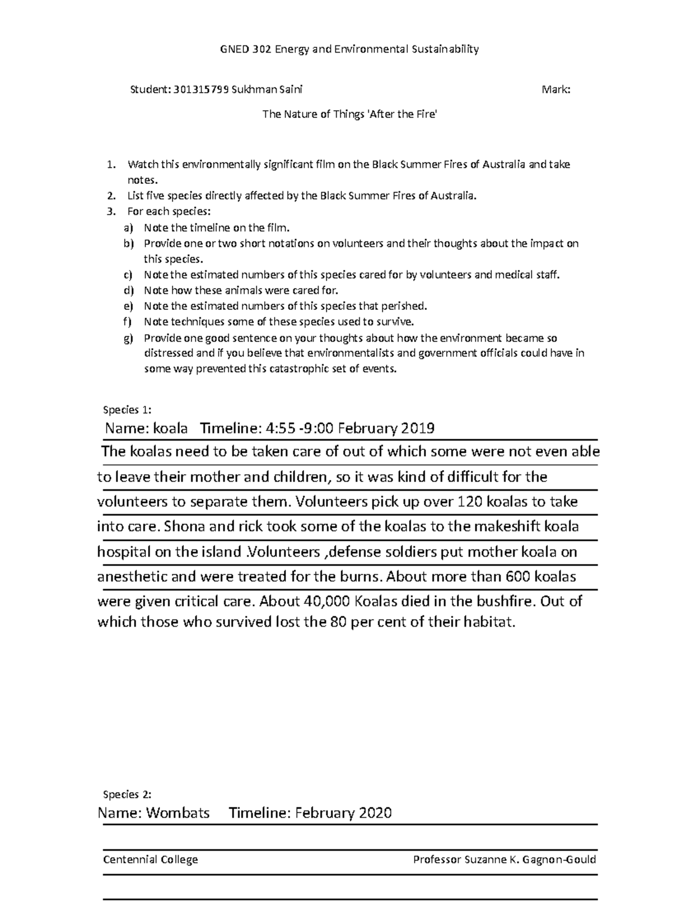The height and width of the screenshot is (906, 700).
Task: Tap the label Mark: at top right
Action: [x=556, y=90]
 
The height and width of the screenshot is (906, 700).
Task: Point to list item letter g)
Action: [x=128, y=338]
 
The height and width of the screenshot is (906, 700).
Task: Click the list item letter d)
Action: [x=128, y=291]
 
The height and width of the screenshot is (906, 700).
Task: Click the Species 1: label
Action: [x=127, y=410]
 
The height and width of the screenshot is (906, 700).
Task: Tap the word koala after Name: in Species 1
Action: [x=170, y=429]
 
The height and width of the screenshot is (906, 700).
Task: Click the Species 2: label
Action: [x=127, y=794]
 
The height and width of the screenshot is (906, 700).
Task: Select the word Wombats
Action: [x=178, y=813]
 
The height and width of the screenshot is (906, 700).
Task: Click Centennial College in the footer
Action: [x=150, y=859]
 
